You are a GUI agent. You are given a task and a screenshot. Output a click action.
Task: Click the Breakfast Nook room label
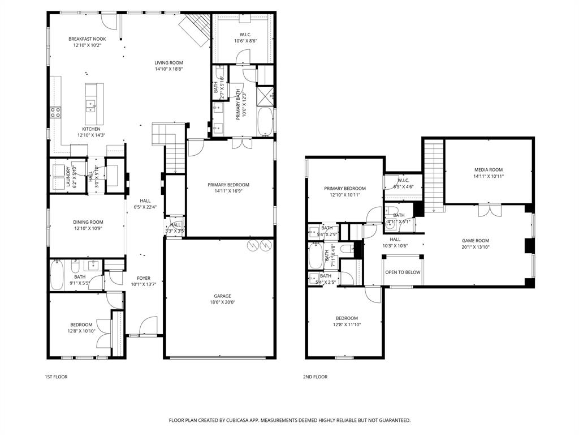pos(87,39)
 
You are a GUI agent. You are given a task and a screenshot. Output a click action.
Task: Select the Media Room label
pos(488,170)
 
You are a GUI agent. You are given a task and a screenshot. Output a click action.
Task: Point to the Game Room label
pos(475,241)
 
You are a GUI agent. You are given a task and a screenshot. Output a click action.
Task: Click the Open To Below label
pos(403,272)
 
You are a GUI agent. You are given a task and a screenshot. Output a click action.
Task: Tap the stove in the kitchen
pos(55,112)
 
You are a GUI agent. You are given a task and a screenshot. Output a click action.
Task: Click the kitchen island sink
pos(90,104)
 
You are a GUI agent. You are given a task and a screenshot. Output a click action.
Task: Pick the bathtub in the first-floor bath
pos(58,276)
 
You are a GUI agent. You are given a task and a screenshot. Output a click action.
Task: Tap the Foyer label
pos(144,278)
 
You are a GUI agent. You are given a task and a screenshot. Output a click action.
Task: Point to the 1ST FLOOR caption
pos(56,377)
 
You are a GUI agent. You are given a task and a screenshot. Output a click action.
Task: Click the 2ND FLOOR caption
pos(316,377)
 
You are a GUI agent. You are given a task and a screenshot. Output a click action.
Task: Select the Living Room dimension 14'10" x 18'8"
pos(168,69)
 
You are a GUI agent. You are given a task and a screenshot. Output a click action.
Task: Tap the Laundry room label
pos(68,177)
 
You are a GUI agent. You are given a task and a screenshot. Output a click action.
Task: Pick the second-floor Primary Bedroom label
pos(344,189)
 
